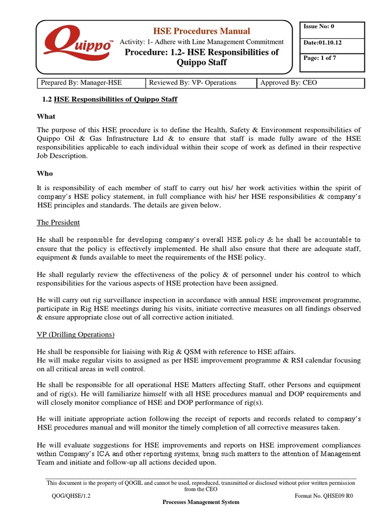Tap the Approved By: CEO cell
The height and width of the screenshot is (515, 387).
[x=307, y=82]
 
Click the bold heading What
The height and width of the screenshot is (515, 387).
[x=46, y=116]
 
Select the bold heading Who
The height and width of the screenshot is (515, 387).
[x=45, y=173]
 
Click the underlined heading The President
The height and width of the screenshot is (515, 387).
[x=58, y=222]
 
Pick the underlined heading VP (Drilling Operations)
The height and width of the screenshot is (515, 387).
[x=76, y=334]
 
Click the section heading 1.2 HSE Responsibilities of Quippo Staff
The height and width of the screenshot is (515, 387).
[x=109, y=100]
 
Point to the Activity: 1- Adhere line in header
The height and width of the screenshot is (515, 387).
[x=201, y=42]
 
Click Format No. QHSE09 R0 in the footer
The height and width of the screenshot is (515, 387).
[x=324, y=495]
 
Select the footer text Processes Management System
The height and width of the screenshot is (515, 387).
[x=201, y=502]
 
